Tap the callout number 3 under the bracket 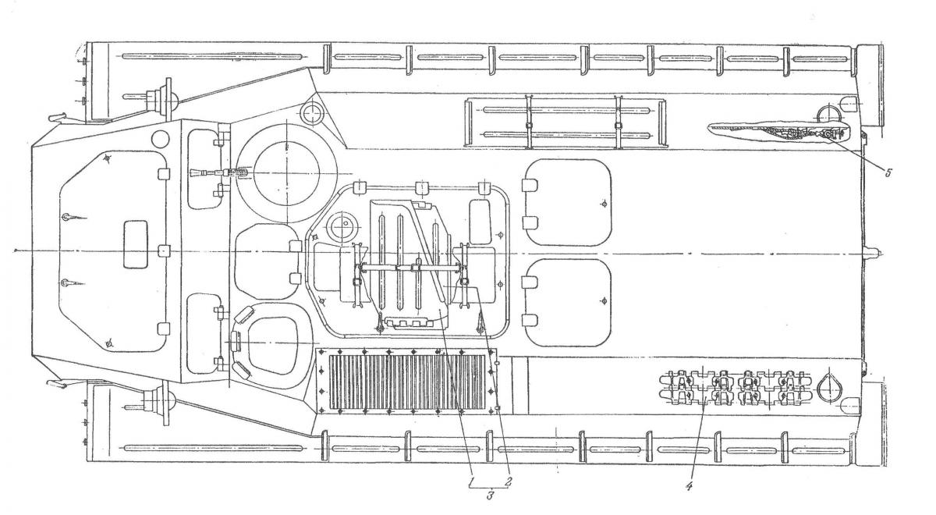click(x=490, y=497)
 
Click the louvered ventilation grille click(x=406, y=380)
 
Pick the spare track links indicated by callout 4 click(x=733, y=386)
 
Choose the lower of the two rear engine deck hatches click(x=568, y=302)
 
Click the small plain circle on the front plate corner click(x=162, y=140)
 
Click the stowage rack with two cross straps click(x=566, y=123)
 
